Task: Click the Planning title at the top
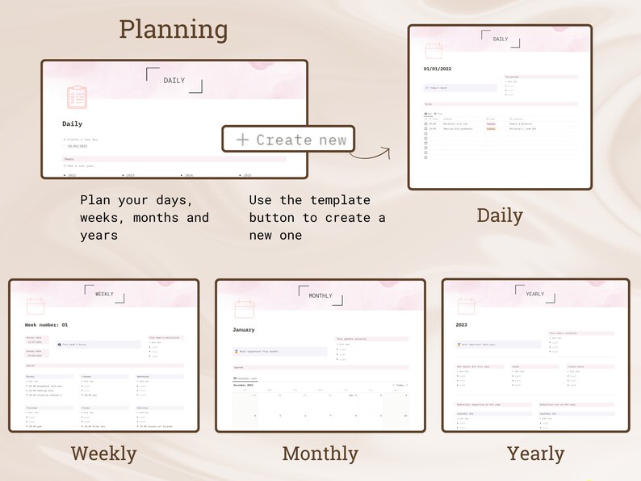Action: pos(174,29)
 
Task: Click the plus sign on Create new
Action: pos(242,140)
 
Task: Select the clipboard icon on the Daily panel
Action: pos(77,98)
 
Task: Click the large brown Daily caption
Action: pos(499,215)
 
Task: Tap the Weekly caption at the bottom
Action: pos(103,454)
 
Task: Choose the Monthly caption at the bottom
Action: pos(320,454)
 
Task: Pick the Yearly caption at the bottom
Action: pos(535,454)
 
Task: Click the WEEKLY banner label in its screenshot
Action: pos(104,295)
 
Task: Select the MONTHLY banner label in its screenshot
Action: pos(320,296)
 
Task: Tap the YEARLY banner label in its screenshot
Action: pos(535,295)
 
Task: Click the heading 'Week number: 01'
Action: pos(47,325)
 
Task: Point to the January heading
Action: pos(244,329)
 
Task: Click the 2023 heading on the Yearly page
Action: pos(463,324)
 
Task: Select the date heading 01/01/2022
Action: pos(438,69)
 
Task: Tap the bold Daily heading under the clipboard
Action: pos(72,124)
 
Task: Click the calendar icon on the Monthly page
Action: pos(245,309)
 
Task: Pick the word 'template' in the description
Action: pos(341,200)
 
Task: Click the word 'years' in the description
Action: pos(98,236)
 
